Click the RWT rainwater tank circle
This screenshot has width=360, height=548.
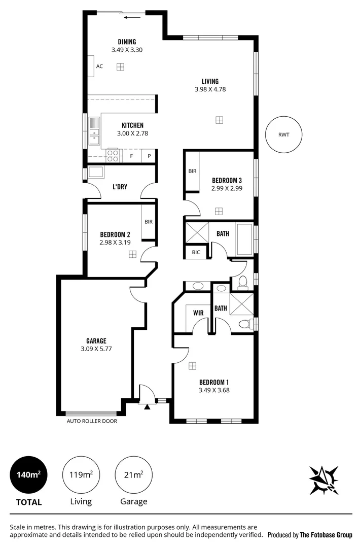click(284, 134)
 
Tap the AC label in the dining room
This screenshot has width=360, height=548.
click(99, 66)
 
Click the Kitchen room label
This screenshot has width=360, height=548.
click(132, 125)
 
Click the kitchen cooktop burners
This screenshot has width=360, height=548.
click(113, 155)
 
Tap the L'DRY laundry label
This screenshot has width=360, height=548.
click(120, 187)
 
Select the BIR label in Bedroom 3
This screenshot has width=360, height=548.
click(192, 172)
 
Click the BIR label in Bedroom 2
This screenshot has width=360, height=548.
click(149, 222)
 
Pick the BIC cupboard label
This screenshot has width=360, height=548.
click(196, 252)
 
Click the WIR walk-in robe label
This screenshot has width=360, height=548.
click(198, 313)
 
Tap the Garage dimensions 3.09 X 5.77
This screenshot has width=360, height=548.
click(96, 349)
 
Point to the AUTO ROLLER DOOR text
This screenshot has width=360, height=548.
click(92, 421)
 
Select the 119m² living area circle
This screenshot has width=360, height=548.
click(81, 475)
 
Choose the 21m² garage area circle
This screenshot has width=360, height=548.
click(134, 475)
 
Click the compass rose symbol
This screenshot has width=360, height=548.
click(324, 478)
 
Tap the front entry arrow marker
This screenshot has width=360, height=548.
click(148, 406)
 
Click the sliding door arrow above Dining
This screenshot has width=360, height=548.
click(132, 17)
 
